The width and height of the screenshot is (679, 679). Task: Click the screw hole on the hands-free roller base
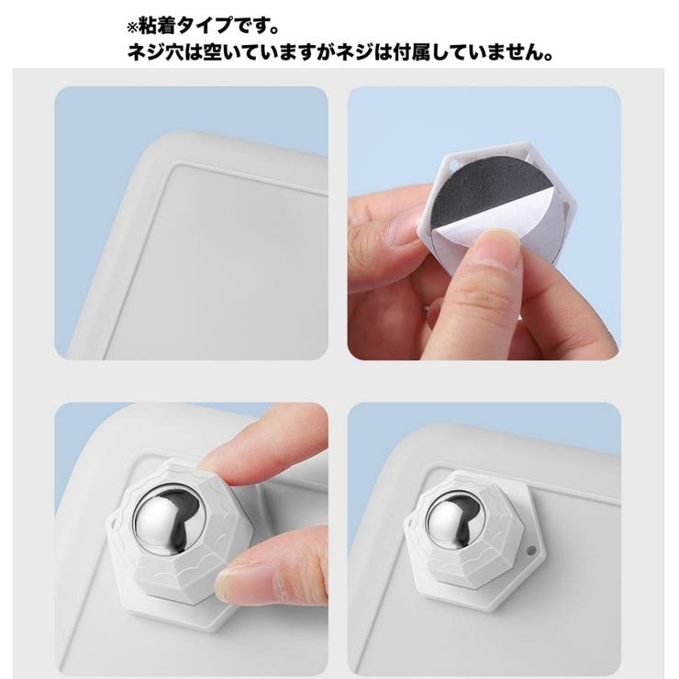tap(534, 551)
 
